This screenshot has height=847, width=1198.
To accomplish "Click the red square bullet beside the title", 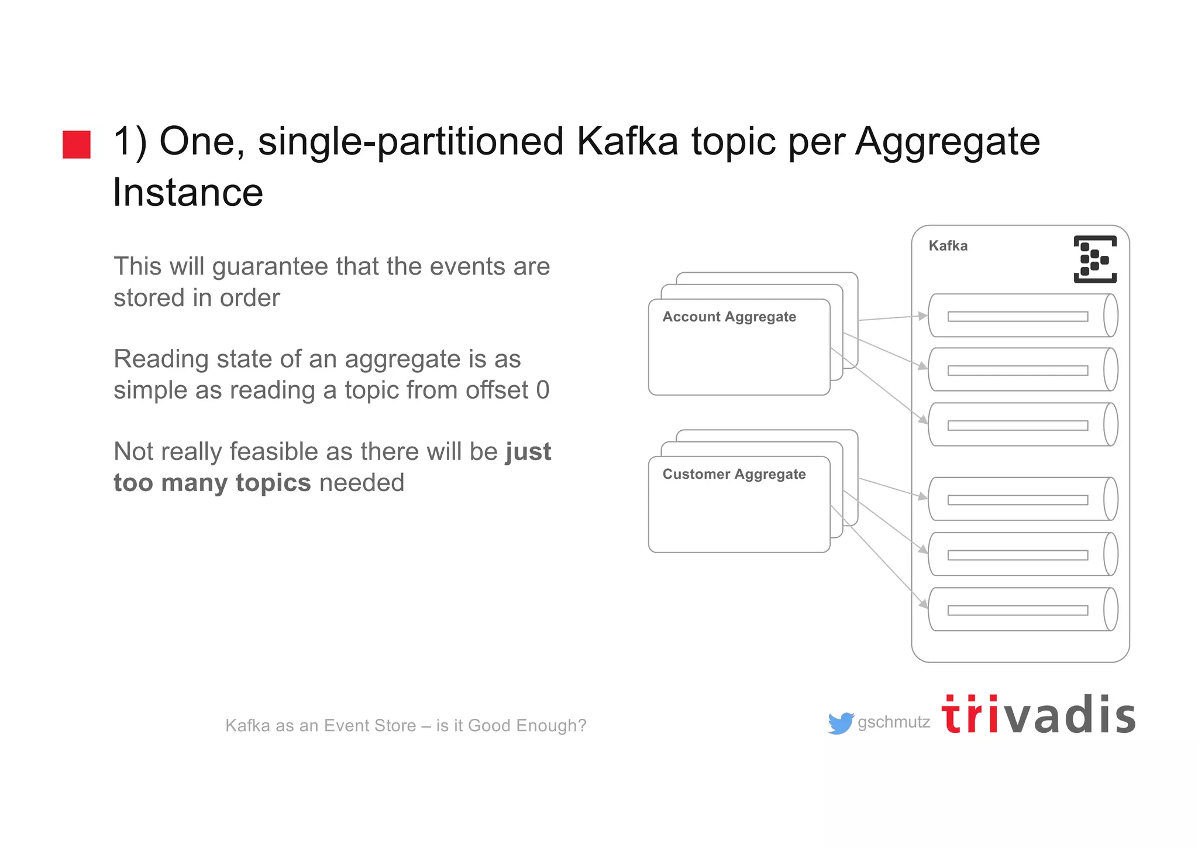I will coord(77,145).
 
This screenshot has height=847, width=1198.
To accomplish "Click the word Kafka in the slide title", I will coord(627,142).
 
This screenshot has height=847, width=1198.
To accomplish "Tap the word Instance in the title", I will coord(188,193).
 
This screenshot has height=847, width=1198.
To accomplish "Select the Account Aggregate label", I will coord(729,317).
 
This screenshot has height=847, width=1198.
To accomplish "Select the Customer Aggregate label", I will coord(734,474).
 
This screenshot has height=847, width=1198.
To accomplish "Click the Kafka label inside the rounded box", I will coord(948,246).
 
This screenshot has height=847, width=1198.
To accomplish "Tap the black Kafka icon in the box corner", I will coord(1094,259).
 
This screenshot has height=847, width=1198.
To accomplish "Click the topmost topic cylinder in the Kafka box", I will coord(1022,316).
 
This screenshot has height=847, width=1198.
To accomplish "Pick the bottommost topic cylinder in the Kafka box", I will coord(1022,610).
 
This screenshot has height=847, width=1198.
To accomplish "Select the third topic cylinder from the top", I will coord(1022,425).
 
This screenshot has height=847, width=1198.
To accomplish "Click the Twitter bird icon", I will coord(841,723).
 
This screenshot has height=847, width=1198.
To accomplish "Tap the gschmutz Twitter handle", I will coord(893,722).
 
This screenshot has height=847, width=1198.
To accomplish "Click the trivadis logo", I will coord(1038,715).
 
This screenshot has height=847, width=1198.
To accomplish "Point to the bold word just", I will coord(528,452).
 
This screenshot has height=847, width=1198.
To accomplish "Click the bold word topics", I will coord(273,483).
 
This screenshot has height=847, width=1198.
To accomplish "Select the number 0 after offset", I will coord(543,390).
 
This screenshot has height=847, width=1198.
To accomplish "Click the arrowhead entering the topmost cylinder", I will coord(923,316).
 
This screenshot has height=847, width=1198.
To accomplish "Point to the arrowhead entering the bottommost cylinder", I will coord(923,603).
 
